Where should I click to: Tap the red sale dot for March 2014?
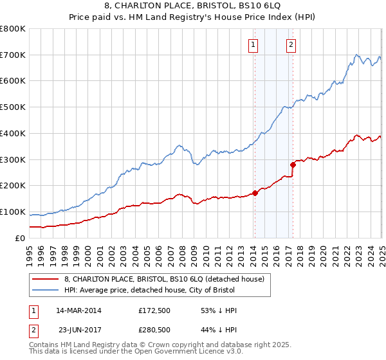[x=255, y=192]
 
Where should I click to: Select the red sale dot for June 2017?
[x=293, y=164]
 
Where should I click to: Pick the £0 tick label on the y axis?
[x=21, y=239]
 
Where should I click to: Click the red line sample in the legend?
[x=45, y=279]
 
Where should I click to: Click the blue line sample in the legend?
[x=45, y=291]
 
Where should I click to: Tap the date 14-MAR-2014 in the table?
[x=78, y=310]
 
